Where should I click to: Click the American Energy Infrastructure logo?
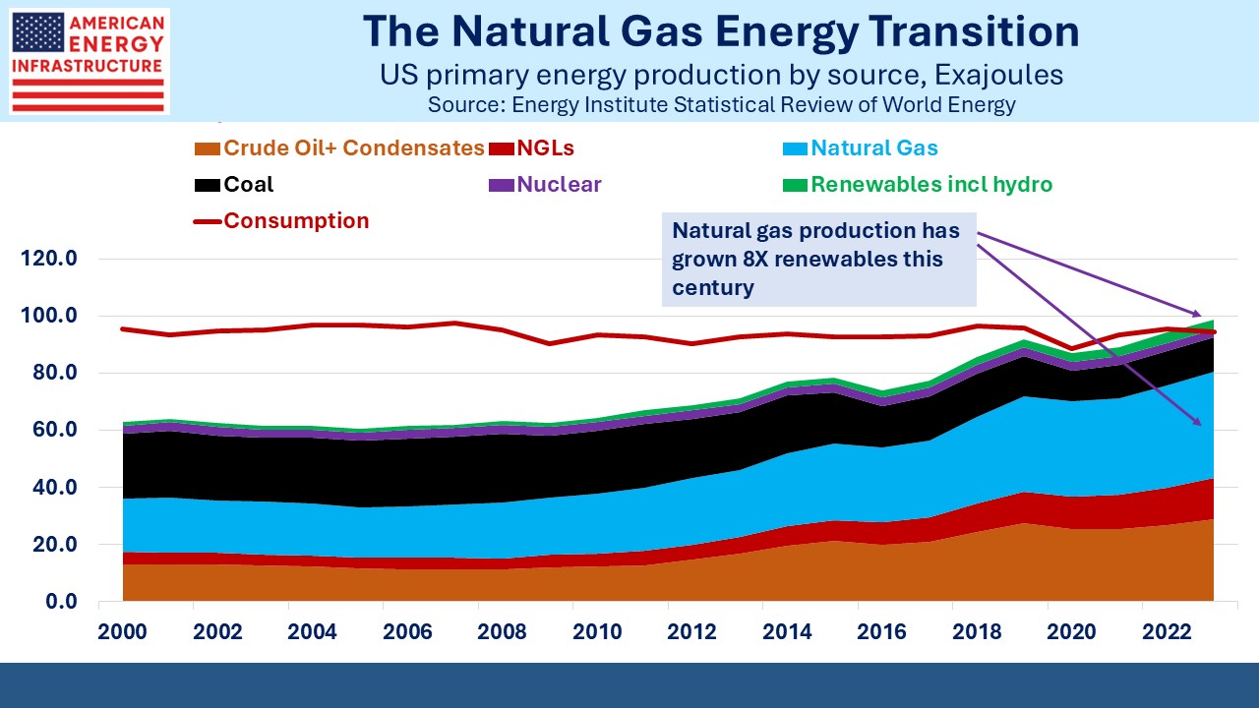point(89,61)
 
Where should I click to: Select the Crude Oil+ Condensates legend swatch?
point(206,148)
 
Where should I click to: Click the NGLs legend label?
point(547,148)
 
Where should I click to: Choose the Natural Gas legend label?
point(874,148)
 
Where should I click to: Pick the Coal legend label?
point(249,185)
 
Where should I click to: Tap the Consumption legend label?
point(296,221)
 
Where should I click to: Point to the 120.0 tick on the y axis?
point(50,260)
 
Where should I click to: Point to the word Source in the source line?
point(461,104)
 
